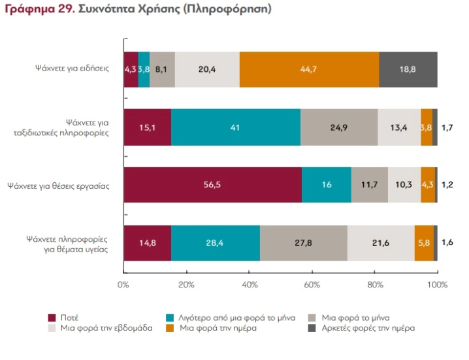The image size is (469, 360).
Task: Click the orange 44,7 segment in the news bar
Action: click(309, 69)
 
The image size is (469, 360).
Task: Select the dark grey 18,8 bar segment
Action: click(408, 69)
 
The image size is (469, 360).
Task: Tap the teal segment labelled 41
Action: click(236, 127)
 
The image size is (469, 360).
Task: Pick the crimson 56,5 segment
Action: click(213, 185)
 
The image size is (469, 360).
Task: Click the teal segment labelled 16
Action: click(327, 185)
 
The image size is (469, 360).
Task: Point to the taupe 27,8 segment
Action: click(304, 243)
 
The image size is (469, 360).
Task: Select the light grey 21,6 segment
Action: click(381, 243)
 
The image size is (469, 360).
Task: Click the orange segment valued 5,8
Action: click(424, 243)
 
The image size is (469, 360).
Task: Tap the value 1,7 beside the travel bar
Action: click(447, 128)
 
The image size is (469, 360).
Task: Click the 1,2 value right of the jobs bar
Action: click(447, 185)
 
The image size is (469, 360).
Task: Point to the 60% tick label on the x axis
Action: click(312, 285)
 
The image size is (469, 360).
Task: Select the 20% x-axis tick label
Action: click(186, 285)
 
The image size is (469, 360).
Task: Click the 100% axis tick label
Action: click(437, 285)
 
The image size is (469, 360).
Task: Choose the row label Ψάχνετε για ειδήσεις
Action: click(72, 68)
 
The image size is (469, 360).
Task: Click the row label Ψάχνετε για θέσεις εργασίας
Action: click(58, 186)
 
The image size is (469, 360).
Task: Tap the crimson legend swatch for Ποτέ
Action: click(52, 318)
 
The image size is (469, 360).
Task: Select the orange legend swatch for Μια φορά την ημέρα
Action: click(170, 328)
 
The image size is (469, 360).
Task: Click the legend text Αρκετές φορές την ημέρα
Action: click(368, 328)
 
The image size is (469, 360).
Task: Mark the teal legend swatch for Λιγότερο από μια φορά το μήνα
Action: click(170, 318)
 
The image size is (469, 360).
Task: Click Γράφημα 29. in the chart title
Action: click(40, 9)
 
